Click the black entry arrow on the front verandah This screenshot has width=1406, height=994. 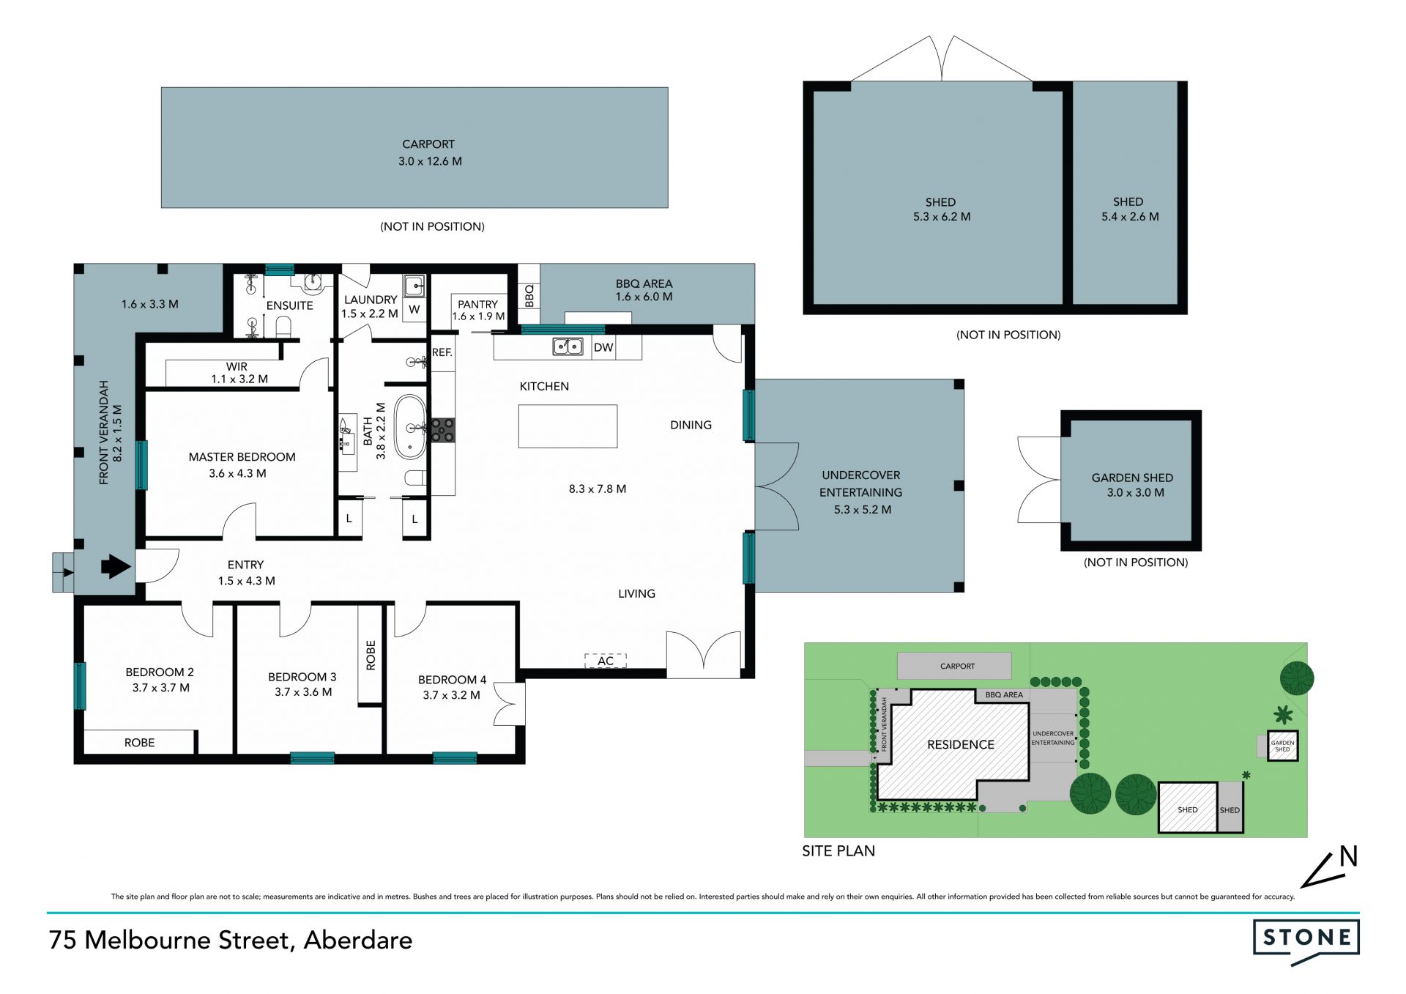(x=116, y=566)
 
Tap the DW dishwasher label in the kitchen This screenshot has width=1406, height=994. (x=603, y=347)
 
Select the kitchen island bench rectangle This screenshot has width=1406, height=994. (x=568, y=426)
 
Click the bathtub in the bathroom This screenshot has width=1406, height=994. (x=411, y=427)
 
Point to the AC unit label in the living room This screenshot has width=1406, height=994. (x=606, y=661)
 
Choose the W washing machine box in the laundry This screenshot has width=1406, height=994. (x=414, y=309)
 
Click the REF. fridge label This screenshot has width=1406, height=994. (x=442, y=352)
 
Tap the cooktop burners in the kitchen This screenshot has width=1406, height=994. (x=442, y=430)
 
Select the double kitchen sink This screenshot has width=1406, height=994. (x=568, y=346)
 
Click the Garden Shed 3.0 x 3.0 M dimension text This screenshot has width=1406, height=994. (x=1135, y=493)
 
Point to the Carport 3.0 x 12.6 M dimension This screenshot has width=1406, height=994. (x=430, y=161)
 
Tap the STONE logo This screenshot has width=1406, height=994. (x=1306, y=941)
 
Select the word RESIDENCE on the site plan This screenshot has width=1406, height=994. (x=961, y=745)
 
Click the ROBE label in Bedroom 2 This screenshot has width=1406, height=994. (x=139, y=743)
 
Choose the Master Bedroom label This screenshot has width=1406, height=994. (x=242, y=457)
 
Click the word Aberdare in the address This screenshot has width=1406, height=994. (x=358, y=940)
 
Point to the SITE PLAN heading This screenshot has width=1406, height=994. (x=838, y=851)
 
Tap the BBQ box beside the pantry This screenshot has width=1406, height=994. (x=529, y=294)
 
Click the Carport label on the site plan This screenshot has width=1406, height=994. (x=957, y=667)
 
